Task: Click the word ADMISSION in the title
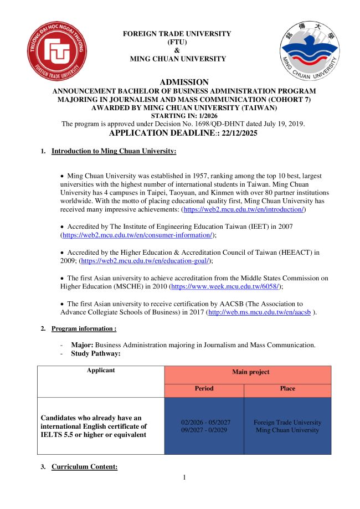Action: (184, 82)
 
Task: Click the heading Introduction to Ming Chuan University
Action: (114, 151)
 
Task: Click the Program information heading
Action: (84, 328)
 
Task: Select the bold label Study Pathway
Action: (95, 353)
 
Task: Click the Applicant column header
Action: (100, 370)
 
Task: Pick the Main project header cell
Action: (248, 372)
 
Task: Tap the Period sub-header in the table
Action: (204, 389)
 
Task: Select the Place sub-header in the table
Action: (287, 389)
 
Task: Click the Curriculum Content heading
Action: (84, 467)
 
